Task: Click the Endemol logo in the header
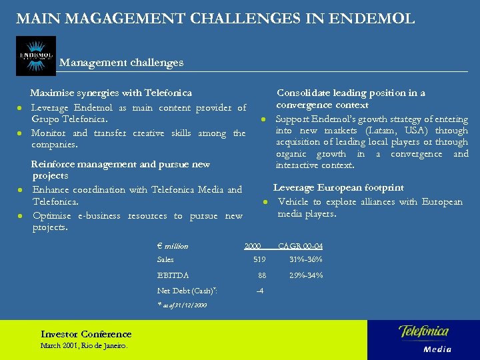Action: [x=36, y=55]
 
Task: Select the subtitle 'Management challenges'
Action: [x=121, y=63]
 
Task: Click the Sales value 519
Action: [x=259, y=259]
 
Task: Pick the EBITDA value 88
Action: [x=262, y=275]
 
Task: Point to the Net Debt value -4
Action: [x=259, y=291]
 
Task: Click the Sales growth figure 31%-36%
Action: [x=305, y=259]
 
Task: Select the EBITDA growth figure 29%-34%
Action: [x=305, y=275]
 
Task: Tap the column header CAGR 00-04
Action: [x=300, y=246]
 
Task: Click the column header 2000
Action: [x=253, y=246]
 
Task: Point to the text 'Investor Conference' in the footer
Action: [x=86, y=334]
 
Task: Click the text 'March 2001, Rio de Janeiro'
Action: [x=83, y=345]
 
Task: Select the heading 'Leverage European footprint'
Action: [x=338, y=188]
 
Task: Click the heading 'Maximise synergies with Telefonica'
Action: [x=111, y=93]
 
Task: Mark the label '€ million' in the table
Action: [x=173, y=246]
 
